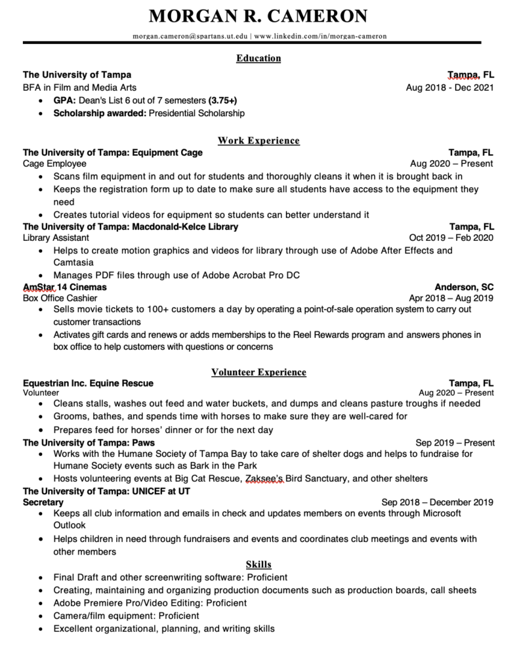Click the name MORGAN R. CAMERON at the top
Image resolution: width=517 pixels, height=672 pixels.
258,16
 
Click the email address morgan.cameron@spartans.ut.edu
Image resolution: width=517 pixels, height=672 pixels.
190,36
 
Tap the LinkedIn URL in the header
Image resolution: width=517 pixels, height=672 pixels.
320,36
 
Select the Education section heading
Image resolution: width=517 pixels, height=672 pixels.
258,58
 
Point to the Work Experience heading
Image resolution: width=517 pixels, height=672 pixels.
258,140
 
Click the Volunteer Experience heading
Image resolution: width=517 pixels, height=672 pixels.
258,372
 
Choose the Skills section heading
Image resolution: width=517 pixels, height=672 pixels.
258,564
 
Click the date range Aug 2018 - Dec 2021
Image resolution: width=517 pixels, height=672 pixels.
450,87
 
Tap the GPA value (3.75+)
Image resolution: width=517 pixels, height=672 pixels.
222,100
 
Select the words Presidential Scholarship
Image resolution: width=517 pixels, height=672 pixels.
197,114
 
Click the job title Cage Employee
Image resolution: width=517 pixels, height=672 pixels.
54,164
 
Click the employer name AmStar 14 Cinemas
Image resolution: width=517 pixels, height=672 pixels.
64,287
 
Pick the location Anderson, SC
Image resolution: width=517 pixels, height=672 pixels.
465,287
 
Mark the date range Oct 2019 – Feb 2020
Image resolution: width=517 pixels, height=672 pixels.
451,238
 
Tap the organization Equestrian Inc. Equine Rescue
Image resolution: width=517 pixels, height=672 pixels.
89,383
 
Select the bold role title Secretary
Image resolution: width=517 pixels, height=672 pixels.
43,502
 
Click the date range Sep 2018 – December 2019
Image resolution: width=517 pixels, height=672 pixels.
437,502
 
